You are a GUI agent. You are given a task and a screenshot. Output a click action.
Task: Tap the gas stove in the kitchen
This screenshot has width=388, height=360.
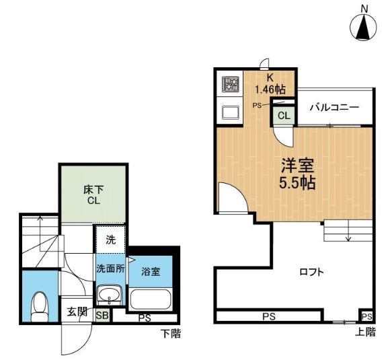231,85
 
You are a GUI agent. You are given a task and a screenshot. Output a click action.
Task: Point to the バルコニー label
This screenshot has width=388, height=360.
334,108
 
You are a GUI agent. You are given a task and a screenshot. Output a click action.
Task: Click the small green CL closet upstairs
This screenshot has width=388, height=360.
284,115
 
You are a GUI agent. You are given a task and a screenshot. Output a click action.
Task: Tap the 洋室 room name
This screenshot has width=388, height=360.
294,165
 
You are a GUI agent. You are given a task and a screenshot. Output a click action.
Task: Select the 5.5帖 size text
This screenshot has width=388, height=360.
294,182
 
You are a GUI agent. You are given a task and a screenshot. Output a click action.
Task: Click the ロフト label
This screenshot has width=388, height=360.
312,272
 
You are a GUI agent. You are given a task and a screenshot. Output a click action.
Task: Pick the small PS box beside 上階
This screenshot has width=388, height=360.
366,316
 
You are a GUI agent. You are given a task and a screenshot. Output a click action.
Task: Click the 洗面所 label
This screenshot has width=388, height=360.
110,268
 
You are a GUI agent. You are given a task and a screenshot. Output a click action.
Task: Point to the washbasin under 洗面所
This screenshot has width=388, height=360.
108,295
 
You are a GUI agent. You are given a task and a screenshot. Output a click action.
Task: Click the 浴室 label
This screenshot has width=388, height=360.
151,272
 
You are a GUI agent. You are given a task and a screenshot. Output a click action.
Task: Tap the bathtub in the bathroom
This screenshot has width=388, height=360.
151,299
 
